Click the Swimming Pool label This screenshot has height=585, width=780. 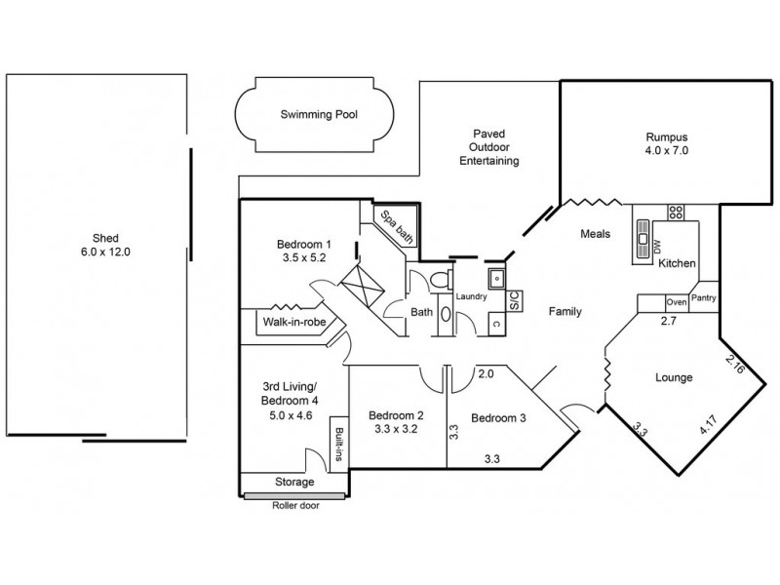click(x=319, y=114)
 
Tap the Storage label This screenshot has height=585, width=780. click(x=294, y=483)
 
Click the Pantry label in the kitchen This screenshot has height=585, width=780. click(x=704, y=298)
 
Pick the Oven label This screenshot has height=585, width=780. click(x=676, y=302)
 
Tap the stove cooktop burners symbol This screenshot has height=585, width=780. click(x=675, y=212)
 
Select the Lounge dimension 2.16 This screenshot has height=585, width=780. click(x=735, y=366)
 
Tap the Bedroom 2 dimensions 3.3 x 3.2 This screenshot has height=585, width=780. click(x=395, y=427)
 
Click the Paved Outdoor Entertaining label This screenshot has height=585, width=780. click(x=488, y=147)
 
